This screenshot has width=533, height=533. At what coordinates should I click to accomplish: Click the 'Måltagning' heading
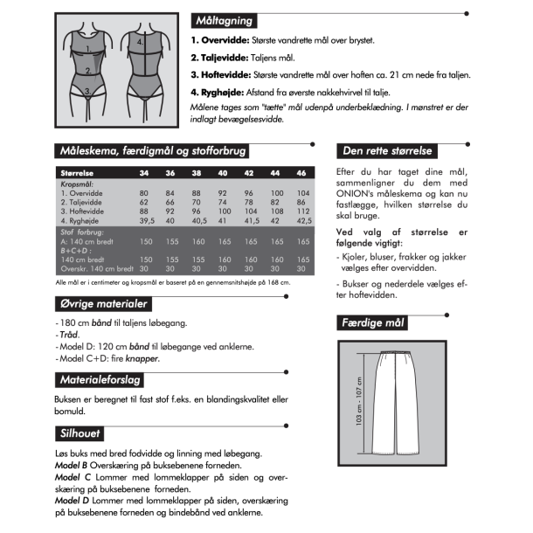[225, 20]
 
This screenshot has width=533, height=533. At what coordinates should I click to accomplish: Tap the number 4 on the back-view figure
[140, 41]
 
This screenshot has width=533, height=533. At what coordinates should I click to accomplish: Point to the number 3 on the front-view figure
[87, 89]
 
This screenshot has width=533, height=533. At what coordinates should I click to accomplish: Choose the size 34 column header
[144, 173]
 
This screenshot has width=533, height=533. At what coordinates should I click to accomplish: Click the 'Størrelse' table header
[77, 173]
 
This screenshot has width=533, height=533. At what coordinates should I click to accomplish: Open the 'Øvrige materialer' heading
[101, 304]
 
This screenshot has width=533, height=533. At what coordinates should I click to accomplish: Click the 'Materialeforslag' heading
[100, 379]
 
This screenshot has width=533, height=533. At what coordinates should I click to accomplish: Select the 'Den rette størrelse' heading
[384, 151]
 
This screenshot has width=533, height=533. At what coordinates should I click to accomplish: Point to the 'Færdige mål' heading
[374, 323]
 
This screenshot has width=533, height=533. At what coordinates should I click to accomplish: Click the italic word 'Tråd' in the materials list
[67, 335]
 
